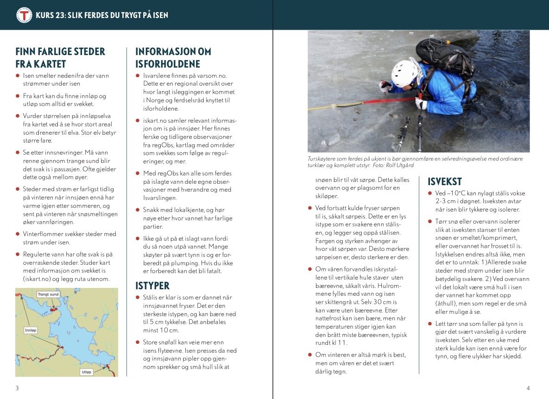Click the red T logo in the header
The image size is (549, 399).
pyautogui.click(x=24, y=15)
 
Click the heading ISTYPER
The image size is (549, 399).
pyautogui.click(x=152, y=286)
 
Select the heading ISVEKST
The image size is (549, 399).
pyautogui.click(x=444, y=182)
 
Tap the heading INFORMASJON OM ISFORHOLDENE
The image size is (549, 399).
pyautogui.click(x=173, y=58)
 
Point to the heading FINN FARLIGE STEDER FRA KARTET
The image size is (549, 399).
pyautogui.click(x=60, y=58)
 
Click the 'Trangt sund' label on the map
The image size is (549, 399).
pyautogui.click(x=48, y=294)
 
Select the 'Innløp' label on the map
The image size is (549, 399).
pyautogui.click(x=30, y=330)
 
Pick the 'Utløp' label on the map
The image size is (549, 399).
pyautogui.click(x=86, y=372)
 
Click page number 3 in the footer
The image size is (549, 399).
pyautogui.click(x=17, y=388)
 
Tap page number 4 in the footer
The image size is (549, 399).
pyautogui.click(x=528, y=388)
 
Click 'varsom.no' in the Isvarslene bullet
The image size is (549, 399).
pyautogui.click(x=213, y=75)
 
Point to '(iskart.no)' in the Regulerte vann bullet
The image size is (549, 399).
pyautogui.click(x=37, y=279)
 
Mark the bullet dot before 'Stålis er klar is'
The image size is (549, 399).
pyautogui.click(x=138, y=297)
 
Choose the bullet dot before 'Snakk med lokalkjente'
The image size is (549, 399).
pyautogui.click(x=138, y=209)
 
